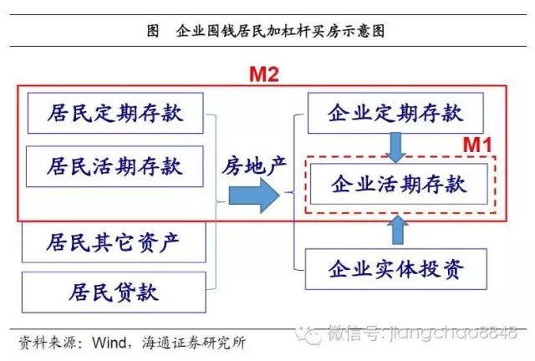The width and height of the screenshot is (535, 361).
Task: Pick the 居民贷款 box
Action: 115,292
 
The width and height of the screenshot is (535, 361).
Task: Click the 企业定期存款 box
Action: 396,112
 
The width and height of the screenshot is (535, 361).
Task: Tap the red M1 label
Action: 479,144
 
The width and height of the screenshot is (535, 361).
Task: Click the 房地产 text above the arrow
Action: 254,165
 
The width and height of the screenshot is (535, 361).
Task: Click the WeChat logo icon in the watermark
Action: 313,333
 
